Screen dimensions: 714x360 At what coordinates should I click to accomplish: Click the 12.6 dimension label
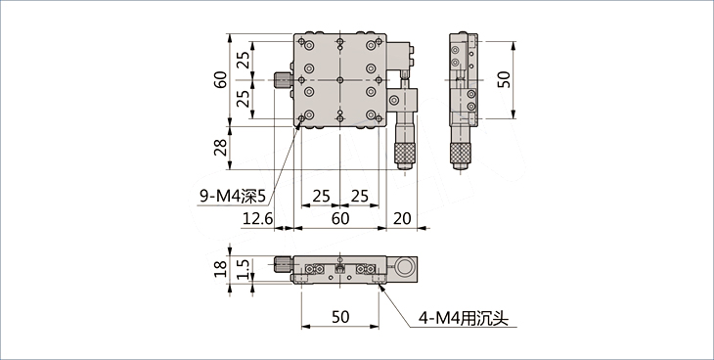click(257, 219)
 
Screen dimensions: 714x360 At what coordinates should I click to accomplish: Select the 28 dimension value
click(221, 147)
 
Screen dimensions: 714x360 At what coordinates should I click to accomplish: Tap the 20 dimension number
click(402, 219)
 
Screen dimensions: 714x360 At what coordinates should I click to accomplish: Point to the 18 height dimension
click(221, 268)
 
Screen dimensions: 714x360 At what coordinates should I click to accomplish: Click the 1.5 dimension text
click(244, 269)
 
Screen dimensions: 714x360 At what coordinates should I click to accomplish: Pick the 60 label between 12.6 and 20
click(339, 219)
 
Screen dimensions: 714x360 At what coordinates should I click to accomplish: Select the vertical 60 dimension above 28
click(221, 80)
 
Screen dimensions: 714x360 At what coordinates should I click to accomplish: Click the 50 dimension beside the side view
click(504, 80)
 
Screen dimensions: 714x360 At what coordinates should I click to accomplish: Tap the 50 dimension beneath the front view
click(340, 317)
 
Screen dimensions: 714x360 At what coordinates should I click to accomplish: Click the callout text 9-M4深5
click(232, 196)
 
